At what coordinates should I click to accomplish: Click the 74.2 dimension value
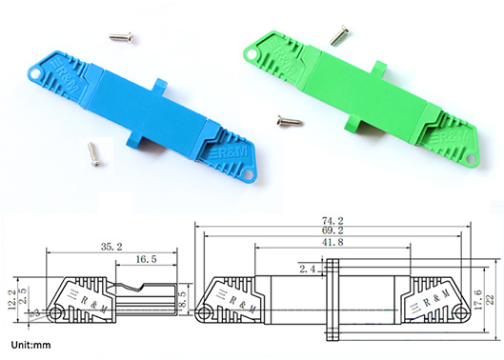tap(333, 221)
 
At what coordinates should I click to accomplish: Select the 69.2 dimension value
tap(333, 230)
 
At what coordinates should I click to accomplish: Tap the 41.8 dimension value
tap(333, 242)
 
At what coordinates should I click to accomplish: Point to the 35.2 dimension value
tap(111, 247)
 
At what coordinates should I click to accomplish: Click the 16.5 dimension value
tap(147, 259)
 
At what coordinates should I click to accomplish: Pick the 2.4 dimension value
tap(308, 269)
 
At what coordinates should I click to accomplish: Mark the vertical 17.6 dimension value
tap(478, 300)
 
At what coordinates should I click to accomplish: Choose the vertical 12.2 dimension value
tap(11, 299)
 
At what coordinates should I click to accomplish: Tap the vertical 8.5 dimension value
tap(183, 299)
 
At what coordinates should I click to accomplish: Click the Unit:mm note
tap(31, 345)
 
